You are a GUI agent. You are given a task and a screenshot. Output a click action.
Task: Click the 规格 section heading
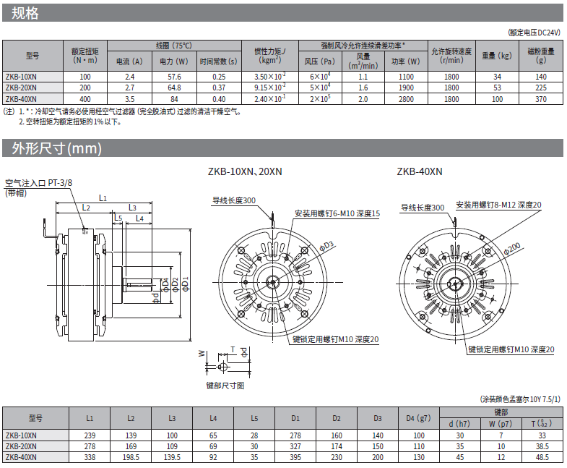click(25, 14)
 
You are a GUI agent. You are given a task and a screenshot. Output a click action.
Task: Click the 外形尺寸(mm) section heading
click(57, 149)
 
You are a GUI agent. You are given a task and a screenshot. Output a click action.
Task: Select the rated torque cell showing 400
click(85, 98)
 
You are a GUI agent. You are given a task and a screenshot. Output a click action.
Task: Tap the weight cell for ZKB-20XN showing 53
click(497, 87)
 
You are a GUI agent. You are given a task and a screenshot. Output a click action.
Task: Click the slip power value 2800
click(406, 98)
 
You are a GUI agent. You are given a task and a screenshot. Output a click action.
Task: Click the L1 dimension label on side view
click(103, 197)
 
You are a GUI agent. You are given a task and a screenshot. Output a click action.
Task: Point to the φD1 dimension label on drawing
click(185, 284)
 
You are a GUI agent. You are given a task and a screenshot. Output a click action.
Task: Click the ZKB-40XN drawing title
click(420, 171)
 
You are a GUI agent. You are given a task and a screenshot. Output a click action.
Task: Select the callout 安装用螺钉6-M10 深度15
click(337, 213)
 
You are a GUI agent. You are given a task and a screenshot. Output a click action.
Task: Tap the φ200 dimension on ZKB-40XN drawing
click(511, 249)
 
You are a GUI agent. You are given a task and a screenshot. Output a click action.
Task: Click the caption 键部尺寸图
click(225, 385)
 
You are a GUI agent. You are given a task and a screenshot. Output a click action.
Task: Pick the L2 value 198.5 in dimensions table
click(131, 456)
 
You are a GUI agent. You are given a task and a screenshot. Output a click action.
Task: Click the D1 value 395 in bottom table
click(295, 456)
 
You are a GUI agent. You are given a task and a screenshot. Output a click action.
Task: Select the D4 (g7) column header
click(418, 417)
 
